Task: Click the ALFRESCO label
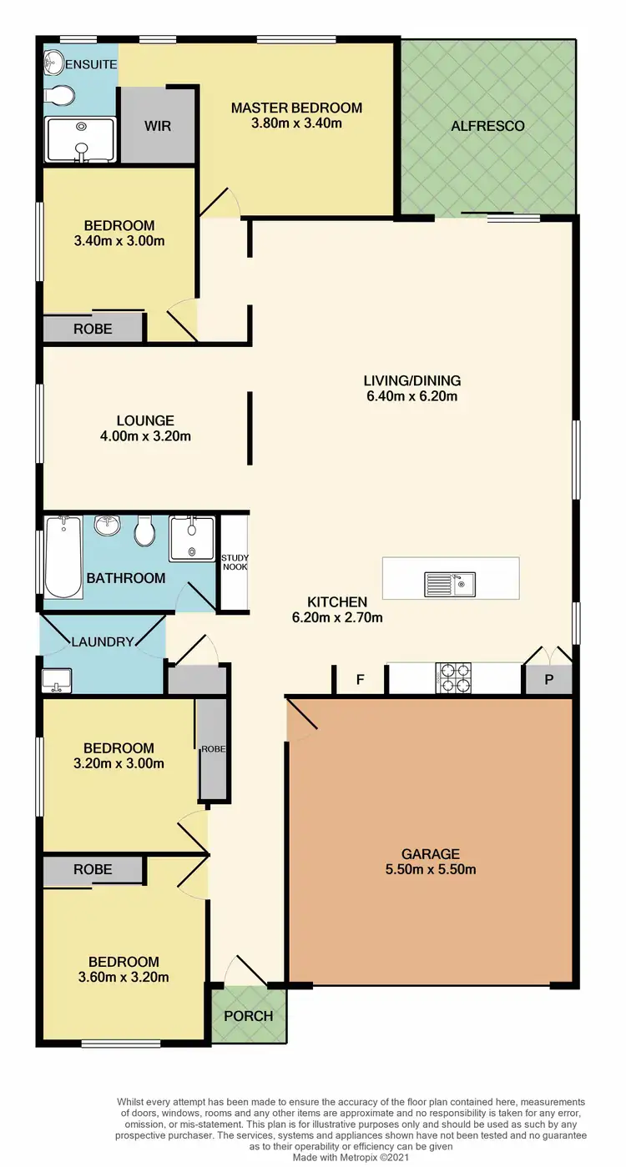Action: click(487, 126)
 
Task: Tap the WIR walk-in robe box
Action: click(158, 126)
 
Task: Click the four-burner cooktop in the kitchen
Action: click(453, 677)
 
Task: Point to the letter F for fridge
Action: click(361, 680)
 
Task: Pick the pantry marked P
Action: click(548, 680)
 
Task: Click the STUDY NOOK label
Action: click(235, 562)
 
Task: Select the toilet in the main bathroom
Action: click(145, 531)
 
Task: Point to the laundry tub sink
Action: click(57, 681)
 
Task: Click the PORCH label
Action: click(249, 1015)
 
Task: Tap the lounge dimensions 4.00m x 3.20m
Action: click(145, 435)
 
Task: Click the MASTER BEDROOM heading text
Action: click(296, 108)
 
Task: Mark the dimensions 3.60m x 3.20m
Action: click(124, 977)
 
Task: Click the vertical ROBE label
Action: click(213, 749)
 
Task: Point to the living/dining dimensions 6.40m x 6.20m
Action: click(411, 396)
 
